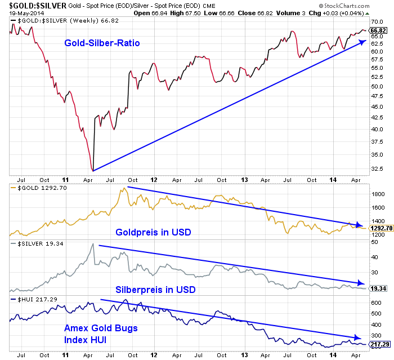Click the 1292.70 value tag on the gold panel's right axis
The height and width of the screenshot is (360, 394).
(x=380, y=229)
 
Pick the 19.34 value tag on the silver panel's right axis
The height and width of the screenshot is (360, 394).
(x=378, y=288)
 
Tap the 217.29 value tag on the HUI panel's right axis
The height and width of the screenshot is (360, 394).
(x=378, y=343)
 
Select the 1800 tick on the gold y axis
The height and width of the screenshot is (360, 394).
(x=377, y=194)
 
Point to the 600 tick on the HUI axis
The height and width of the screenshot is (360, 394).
(x=375, y=302)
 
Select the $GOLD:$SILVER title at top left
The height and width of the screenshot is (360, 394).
(x=34, y=5)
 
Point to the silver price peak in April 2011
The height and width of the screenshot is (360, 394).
(x=92, y=244)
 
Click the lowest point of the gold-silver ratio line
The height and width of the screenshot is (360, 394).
(x=92, y=170)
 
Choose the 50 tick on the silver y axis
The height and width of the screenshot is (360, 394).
(x=373, y=242)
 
